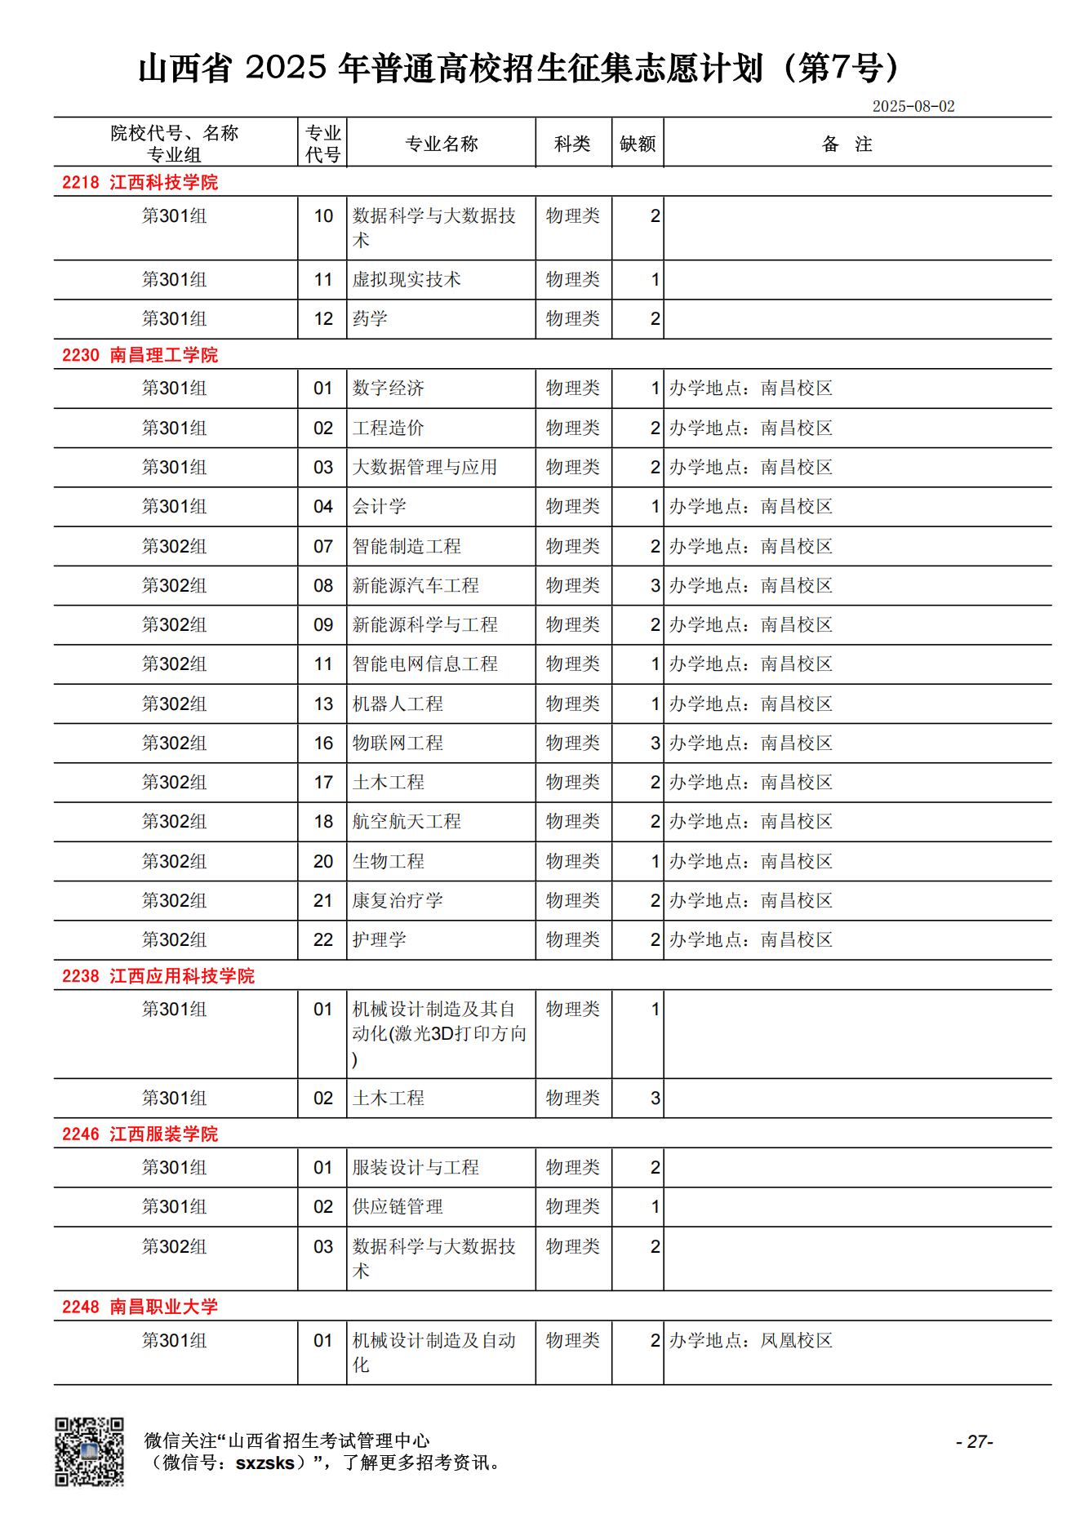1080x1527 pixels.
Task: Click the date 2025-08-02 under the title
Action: tap(913, 106)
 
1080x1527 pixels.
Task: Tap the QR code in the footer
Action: tap(89, 1451)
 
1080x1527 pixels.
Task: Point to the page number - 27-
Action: tap(974, 1441)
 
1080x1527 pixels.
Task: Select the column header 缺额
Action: tap(638, 144)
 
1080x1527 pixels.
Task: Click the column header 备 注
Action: tap(847, 144)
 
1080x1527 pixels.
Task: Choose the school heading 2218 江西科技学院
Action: tap(140, 182)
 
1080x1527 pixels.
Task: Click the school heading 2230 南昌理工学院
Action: tap(140, 355)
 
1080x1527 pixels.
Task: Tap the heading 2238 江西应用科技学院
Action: tap(158, 976)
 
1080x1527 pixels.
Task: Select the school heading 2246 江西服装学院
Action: tap(140, 1134)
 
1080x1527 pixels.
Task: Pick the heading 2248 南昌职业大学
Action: tap(140, 1307)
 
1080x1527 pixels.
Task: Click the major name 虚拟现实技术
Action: tap(407, 280)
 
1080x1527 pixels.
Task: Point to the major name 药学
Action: tap(370, 319)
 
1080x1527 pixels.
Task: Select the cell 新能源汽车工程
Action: tap(416, 586)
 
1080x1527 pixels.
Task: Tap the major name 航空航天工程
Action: tap(407, 822)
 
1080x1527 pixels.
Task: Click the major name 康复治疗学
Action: tap(398, 901)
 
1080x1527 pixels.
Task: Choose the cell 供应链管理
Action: tap(398, 1207)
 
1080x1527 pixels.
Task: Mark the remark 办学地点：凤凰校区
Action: tap(750, 1341)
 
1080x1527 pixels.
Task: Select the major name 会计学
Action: tap(379, 507)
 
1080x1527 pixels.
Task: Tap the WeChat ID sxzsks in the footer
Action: tap(264, 1463)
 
